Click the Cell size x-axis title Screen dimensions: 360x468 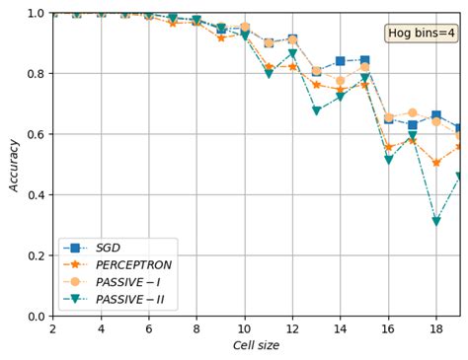pyautogui.click(x=256, y=346)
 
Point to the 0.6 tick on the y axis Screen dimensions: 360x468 pyautogui.click(x=37, y=134)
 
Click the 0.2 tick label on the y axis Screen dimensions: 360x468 pyautogui.click(x=37, y=255)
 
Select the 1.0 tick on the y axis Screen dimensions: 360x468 pyautogui.click(x=37, y=13)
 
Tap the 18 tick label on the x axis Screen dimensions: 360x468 pyautogui.click(x=435, y=328)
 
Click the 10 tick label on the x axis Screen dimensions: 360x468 pyautogui.click(x=244, y=328)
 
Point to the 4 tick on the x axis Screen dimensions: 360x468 pyautogui.click(x=101, y=328)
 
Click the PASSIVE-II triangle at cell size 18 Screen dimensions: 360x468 pyautogui.click(x=435, y=222)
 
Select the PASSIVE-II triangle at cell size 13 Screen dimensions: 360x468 pyautogui.click(x=316, y=110)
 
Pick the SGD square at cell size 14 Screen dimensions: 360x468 pyautogui.click(x=340, y=61)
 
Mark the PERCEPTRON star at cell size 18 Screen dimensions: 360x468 pyautogui.click(x=435, y=163)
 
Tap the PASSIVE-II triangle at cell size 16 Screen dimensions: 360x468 pyautogui.click(x=388, y=160)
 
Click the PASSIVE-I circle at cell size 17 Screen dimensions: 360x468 pyautogui.click(x=412, y=113)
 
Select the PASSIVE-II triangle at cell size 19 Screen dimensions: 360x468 pyautogui.click(x=459, y=177)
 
